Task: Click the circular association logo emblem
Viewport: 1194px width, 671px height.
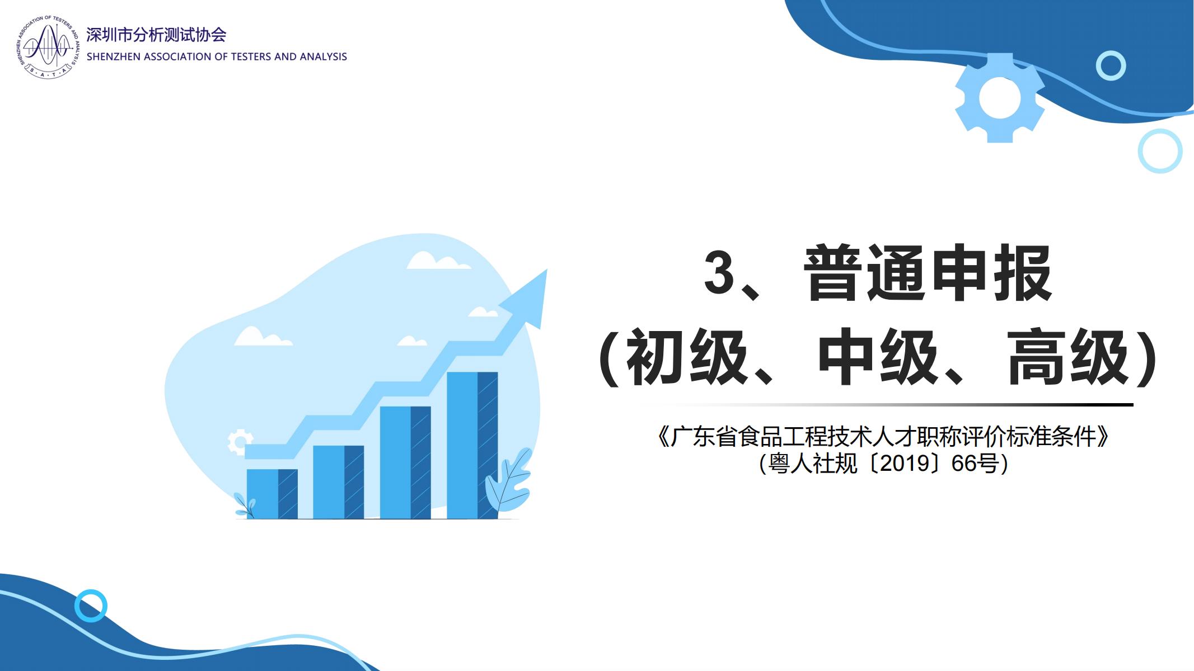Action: click(48, 47)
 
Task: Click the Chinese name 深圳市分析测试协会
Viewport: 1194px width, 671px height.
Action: click(156, 35)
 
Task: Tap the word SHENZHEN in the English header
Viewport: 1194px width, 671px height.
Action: click(114, 56)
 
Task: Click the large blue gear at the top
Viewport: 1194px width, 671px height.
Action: click(999, 98)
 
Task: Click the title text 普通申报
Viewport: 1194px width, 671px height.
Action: click(928, 273)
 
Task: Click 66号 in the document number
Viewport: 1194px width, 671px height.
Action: click(975, 464)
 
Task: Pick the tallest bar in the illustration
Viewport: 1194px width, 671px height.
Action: click(472, 445)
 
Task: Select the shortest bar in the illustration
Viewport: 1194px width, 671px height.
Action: click(272, 494)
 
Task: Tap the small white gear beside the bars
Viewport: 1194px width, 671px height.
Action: click(240, 442)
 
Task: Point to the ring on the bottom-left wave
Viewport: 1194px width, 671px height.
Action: click(91, 606)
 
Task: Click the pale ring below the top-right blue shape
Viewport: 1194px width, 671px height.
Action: click(1160, 151)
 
